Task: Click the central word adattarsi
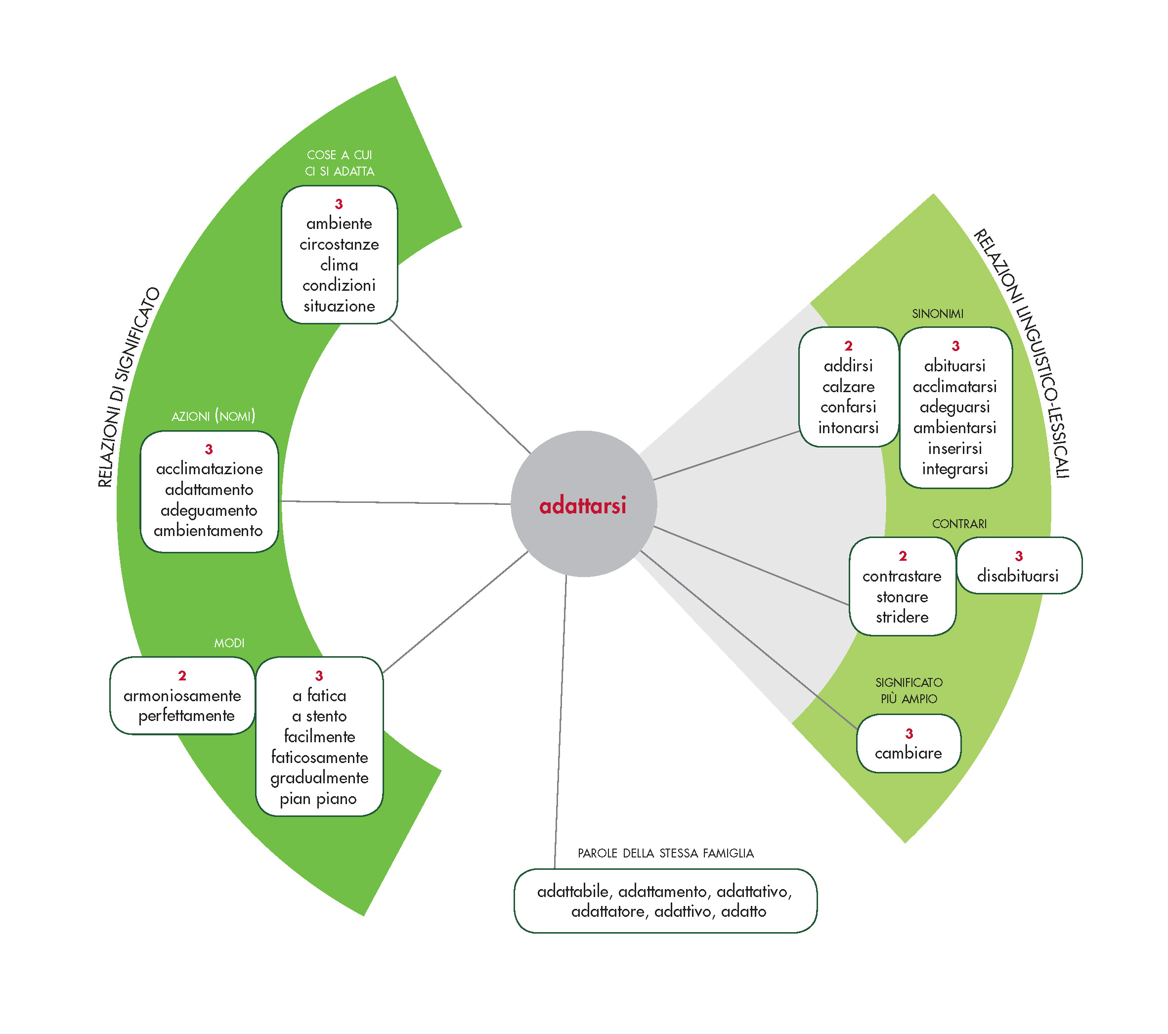582,506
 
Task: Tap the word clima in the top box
339,265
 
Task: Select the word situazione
339,307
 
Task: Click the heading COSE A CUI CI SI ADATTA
340,163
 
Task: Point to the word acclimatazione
209,469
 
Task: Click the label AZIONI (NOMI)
213,416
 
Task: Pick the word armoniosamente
182,696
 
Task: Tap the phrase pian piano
318,799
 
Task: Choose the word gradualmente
319,778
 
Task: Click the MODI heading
229,643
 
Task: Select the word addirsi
848,366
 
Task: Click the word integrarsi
955,469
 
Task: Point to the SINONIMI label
938,314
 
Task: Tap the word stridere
902,617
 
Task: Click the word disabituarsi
1018,576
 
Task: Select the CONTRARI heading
959,524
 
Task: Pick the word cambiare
908,753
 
